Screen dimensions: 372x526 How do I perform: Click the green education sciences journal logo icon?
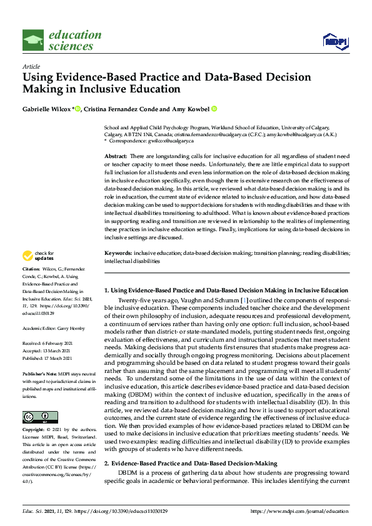33,41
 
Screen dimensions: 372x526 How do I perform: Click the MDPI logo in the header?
334,41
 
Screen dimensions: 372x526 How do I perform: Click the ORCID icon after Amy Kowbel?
214,109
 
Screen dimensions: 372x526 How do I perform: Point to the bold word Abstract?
116,154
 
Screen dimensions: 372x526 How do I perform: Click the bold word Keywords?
118,252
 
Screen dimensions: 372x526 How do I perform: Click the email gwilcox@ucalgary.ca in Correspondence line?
163,141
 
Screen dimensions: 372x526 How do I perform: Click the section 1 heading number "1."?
106,290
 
